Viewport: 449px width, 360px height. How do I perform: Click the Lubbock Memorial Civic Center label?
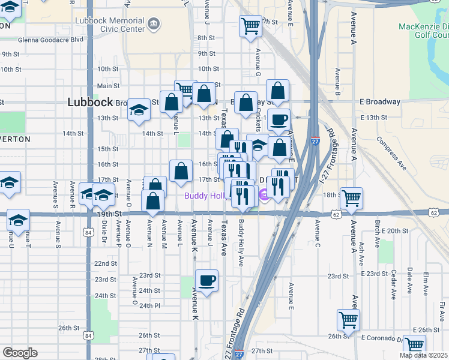[110, 24]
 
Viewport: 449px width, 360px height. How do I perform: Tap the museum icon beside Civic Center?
[154, 24]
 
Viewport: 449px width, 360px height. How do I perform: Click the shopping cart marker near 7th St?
[250, 26]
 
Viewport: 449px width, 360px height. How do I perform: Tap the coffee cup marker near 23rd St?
[206, 281]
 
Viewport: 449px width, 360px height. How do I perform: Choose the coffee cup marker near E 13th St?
[279, 119]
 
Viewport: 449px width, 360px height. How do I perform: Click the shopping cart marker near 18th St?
[351, 197]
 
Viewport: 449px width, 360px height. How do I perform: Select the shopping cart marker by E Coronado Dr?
[415, 345]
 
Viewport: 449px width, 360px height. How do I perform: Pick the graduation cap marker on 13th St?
[139, 109]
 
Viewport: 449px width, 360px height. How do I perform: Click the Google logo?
[20, 352]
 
